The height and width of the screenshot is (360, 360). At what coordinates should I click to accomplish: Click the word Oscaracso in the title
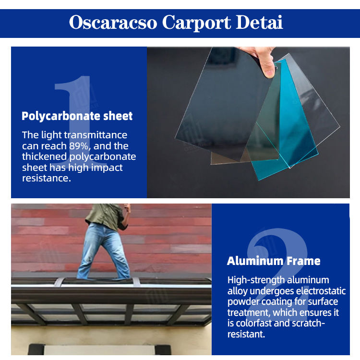(x=113, y=23)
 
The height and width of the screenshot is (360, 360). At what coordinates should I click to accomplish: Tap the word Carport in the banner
(x=196, y=23)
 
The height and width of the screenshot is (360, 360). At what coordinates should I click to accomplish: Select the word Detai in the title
(x=259, y=22)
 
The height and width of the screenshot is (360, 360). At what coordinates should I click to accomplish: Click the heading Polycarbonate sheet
(x=77, y=116)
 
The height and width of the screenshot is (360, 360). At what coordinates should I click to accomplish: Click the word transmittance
(x=96, y=135)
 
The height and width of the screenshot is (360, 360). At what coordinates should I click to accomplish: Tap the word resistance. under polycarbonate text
(x=47, y=178)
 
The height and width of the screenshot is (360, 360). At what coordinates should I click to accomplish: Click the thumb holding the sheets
(x=268, y=67)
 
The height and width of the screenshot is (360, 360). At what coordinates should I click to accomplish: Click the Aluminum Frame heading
(x=274, y=261)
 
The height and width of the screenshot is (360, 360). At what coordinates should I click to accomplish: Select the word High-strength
(x=256, y=280)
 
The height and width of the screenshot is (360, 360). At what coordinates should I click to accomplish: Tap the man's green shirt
(x=106, y=216)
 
